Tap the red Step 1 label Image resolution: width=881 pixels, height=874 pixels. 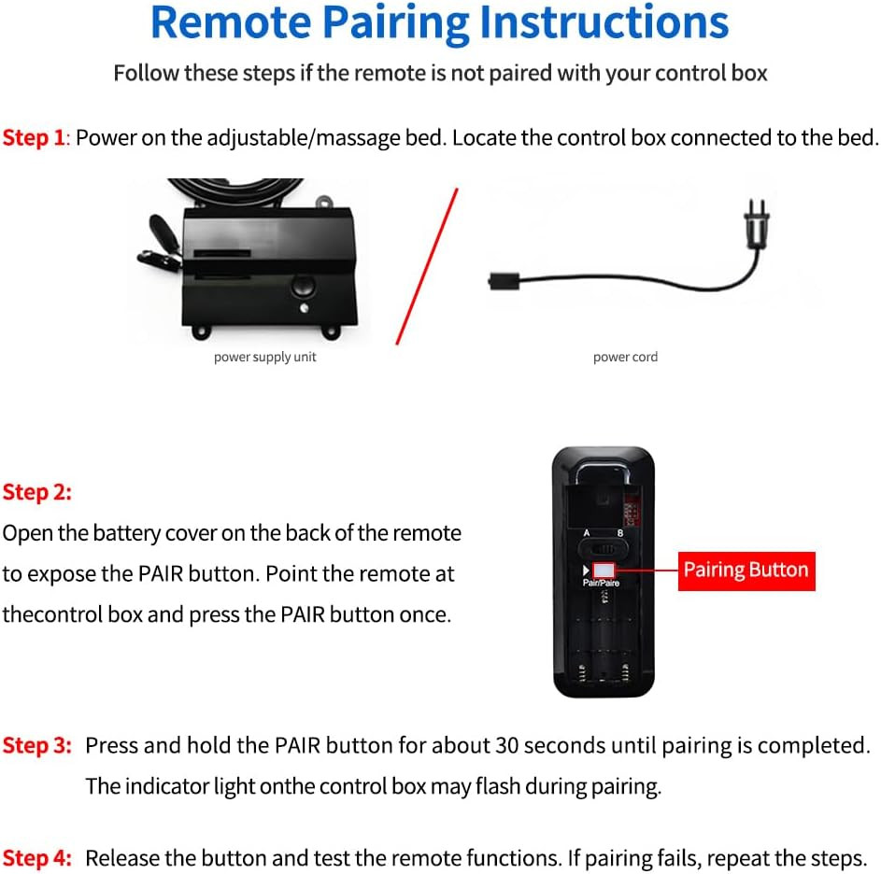[34, 138]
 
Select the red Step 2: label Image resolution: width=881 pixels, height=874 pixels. [37, 491]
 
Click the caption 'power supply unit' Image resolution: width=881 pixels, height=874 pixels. [265, 357]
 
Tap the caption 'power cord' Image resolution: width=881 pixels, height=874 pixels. [625, 357]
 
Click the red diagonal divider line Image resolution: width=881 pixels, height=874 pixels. [427, 266]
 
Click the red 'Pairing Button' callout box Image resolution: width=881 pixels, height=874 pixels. [746, 570]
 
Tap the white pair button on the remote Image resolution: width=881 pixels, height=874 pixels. [604, 569]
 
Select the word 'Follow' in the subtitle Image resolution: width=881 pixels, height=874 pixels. [146, 73]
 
